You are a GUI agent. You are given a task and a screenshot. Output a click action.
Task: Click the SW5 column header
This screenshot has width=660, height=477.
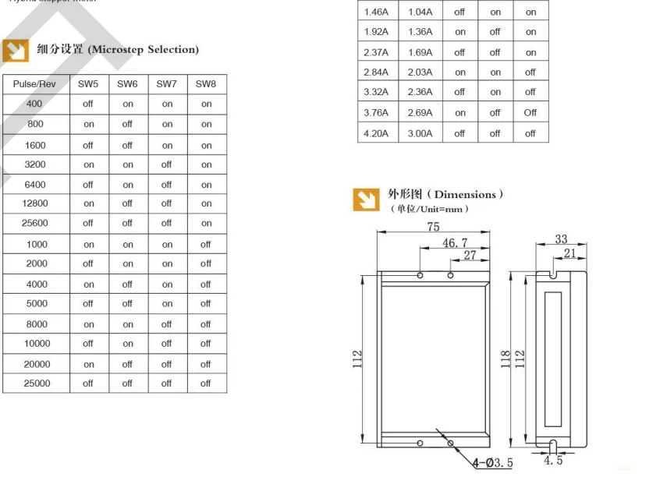pos(88,83)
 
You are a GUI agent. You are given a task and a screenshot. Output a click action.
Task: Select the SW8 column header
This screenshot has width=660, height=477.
pos(206,83)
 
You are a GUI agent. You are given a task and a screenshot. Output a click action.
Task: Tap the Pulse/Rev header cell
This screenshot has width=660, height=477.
pos(34,83)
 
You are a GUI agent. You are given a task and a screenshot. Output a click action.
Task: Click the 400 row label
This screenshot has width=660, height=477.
pos(34,104)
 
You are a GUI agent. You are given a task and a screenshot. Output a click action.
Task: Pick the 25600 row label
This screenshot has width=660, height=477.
pos(36,223)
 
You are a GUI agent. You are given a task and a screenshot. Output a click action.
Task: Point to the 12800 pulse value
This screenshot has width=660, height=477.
pos(36,203)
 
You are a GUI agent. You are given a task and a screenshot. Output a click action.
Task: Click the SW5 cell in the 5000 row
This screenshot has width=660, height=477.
pos(88,304)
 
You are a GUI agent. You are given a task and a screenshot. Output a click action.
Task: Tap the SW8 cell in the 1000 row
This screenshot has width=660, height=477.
pos(206,244)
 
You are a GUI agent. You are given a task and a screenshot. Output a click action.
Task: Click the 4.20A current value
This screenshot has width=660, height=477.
pos(376,133)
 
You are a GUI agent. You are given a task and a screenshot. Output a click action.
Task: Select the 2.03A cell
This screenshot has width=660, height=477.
pos(420,72)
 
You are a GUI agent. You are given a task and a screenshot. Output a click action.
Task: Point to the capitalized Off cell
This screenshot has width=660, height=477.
pos(530,113)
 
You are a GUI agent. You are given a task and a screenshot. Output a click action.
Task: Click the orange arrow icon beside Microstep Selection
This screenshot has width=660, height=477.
pos(16,51)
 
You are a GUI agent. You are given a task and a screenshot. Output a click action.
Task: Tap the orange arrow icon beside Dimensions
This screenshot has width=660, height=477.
pos(365,200)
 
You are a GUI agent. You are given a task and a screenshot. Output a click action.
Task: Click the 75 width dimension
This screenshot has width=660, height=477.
pos(433,227)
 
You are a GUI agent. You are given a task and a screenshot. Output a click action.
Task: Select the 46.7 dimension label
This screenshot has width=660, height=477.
pos(455,243)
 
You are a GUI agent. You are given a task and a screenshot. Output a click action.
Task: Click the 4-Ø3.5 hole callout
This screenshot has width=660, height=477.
pos(492,463)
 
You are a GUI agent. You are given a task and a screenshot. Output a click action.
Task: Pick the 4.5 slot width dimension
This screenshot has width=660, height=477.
pos(552,461)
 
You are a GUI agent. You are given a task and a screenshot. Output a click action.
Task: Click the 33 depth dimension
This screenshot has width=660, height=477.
pos(561,239)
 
